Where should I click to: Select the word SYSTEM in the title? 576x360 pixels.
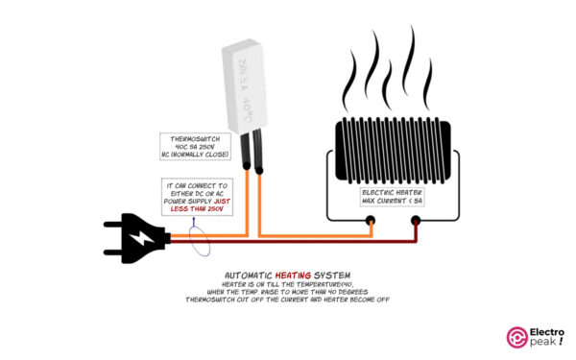327,273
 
